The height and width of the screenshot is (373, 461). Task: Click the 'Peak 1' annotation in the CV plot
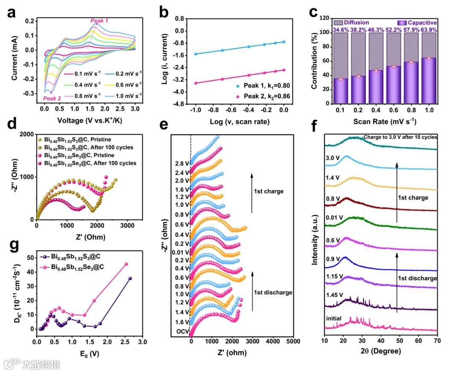(99, 21)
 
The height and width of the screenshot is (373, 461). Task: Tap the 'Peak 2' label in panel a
(53, 99)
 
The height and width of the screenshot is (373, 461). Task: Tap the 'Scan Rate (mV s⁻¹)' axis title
(384, 120)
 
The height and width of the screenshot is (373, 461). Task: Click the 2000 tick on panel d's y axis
(27, 134)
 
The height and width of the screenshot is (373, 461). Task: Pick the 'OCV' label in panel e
(181, 332)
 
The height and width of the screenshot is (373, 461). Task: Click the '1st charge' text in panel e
(268, 191)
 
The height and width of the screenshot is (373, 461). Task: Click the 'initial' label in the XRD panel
(334, 319)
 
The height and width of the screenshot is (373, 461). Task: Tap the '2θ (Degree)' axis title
(380, 351)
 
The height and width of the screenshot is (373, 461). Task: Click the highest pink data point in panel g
(126, 264)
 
